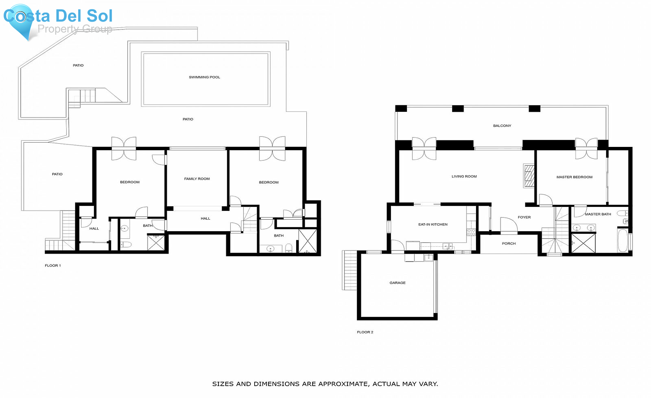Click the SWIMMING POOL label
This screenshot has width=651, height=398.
click(x=204, y=77)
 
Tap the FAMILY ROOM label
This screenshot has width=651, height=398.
click(x=197, y=179)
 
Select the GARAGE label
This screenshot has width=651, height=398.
click(x=397, y=283)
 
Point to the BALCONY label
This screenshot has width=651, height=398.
click(x=502, y=126)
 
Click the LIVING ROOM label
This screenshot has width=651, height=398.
click(x=464, y=177)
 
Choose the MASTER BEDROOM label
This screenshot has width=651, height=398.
click(x=574, y=177)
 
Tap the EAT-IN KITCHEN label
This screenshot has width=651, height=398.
click(x=433, y=225)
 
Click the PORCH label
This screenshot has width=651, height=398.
click(x=509, y=244)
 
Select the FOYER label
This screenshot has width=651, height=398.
click(x=524, y=217)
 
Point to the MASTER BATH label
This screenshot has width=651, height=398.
click(x=598, y=214)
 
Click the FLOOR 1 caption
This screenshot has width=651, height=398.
click(x=53, y=266)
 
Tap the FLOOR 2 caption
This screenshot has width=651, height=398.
click(x=365, y=332)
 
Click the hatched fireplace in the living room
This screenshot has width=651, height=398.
click(x=529, y=176)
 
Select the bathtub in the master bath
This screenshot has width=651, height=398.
click(x=622, y=240)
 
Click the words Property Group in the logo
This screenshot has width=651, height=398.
click(x=75, y=29)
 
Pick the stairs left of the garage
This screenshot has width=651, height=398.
click(x=350, y=270)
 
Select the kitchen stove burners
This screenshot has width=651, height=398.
click(x=471, y=232)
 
